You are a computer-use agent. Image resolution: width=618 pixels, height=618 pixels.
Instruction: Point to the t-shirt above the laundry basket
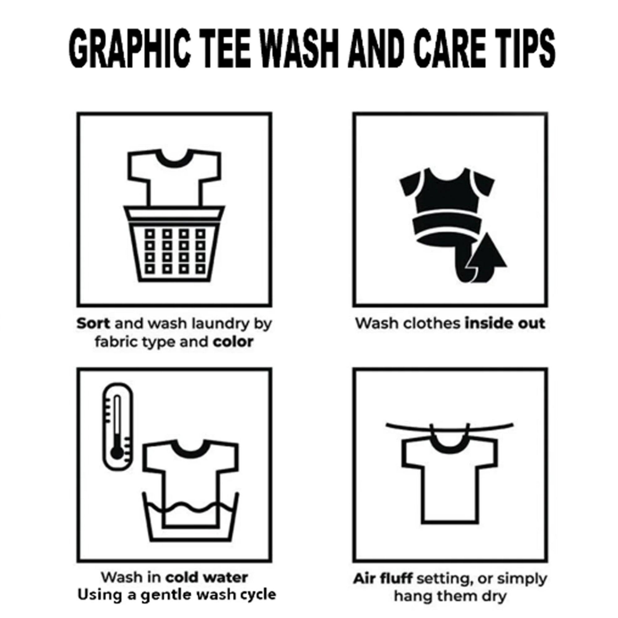point(174,178)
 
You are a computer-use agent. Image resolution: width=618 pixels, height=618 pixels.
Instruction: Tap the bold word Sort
point(93,324)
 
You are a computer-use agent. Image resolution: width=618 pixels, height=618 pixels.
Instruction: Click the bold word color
point(233,342)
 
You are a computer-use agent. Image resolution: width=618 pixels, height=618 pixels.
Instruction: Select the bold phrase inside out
point(505,324)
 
